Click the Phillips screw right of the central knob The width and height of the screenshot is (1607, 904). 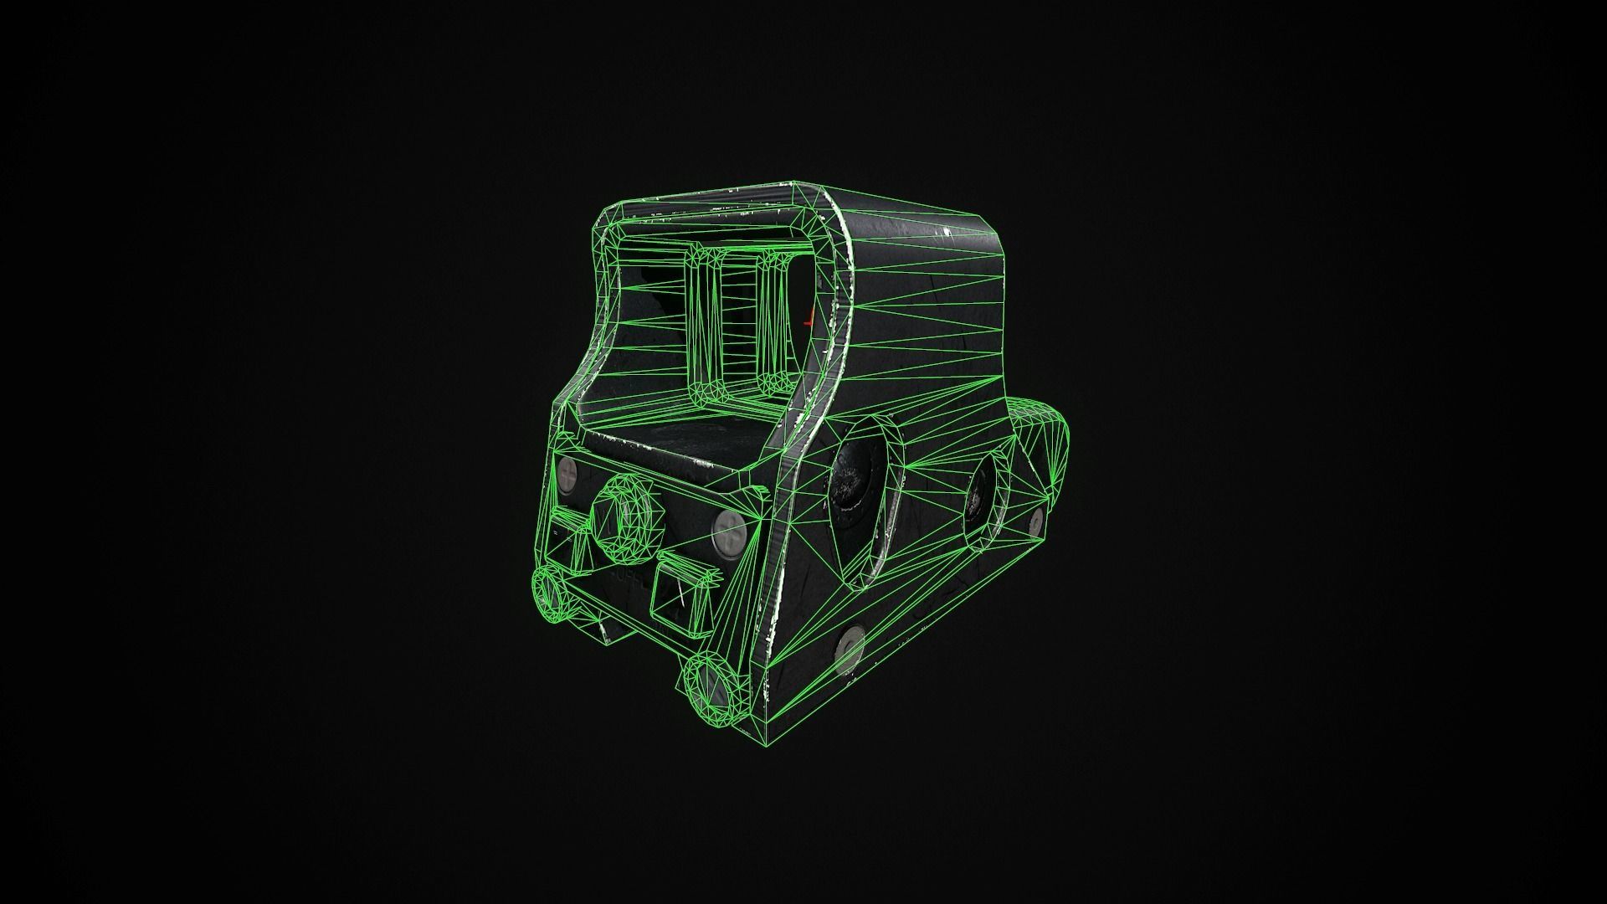725,529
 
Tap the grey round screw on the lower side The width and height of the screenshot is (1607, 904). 849,649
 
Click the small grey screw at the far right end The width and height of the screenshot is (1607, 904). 1036,521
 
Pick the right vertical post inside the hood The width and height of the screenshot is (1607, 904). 773,326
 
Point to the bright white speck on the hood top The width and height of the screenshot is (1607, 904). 946,231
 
